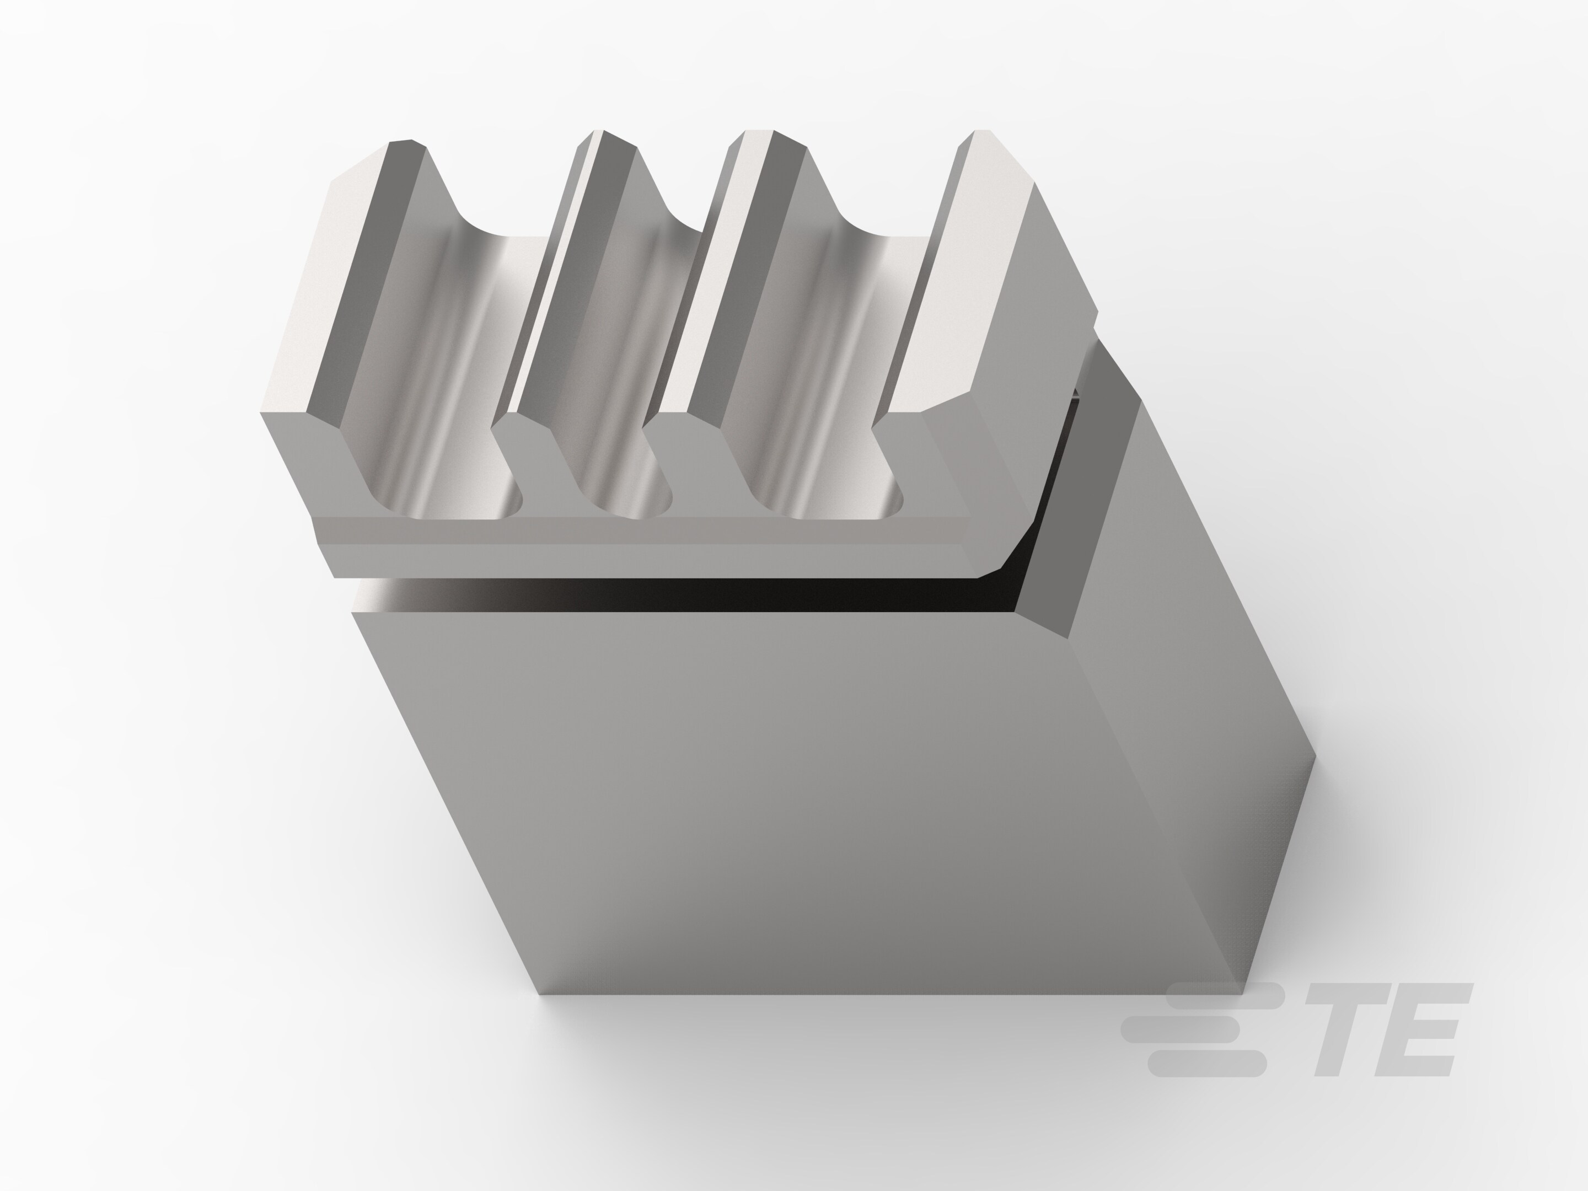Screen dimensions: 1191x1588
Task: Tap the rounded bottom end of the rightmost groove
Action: (x=833, y=502)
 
